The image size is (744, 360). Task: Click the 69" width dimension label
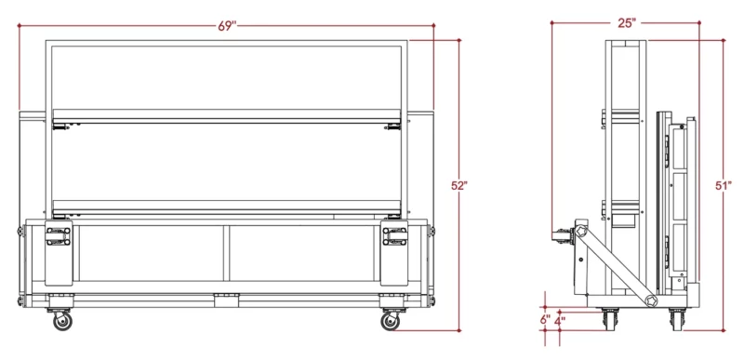coord(227,26)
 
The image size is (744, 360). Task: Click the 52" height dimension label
coord(459,186)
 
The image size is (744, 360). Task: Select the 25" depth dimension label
coord(627,22)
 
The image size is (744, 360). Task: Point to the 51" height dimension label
coord(724,186)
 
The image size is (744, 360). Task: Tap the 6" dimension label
coord(545,319)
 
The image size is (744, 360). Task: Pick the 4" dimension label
coord(560,320)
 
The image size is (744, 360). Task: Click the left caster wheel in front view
coord(62,321)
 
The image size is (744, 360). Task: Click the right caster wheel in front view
coord(390,321)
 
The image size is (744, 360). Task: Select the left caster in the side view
coord(610,319)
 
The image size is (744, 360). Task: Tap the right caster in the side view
coord(677,319)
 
